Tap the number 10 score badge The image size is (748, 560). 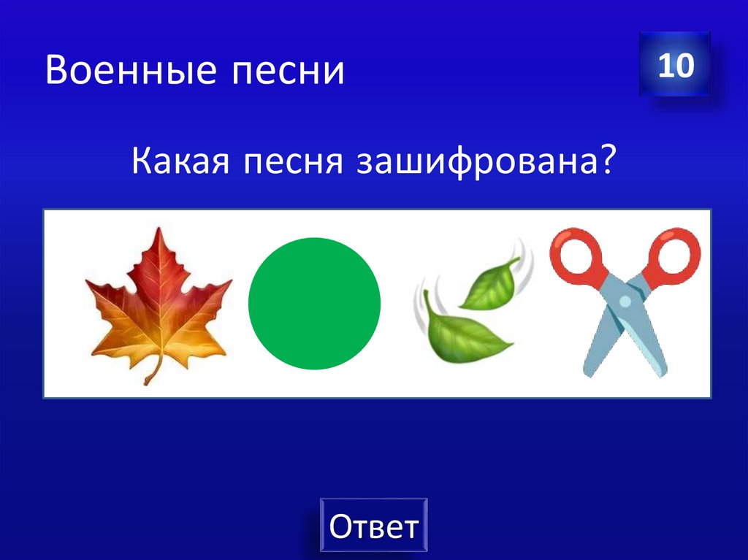675,65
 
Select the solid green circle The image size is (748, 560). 315,304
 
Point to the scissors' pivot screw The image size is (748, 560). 625,300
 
